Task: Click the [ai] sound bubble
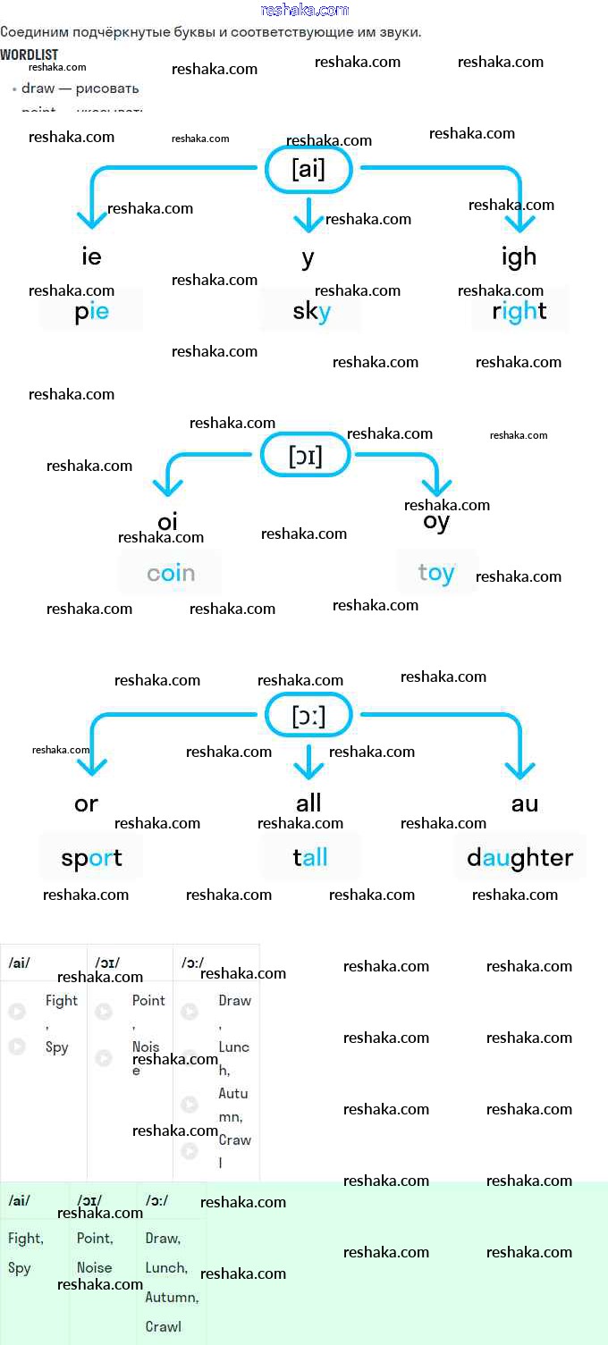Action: click(308, 169)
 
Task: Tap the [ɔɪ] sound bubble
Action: click(305, 456)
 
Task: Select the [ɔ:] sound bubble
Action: click(308, 716)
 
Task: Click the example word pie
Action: click(91, 311)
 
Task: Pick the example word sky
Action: click(311, 311)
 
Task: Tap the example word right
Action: click(519, 311)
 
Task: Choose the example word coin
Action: click(171, 573)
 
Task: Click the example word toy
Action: click(436, 572)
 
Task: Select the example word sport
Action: click(91, 858)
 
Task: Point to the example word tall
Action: click(310, 858)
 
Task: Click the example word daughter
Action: click(519, 858)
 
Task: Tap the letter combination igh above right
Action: click(519, 257)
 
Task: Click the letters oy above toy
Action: click(436, 522)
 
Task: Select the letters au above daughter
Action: click(525, 803)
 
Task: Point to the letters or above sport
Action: click(86, 803)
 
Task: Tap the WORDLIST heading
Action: click(30, 55)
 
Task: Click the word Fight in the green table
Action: click(26, 1239)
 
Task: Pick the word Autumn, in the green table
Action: click(172, 1297)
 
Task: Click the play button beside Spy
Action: click(17, 1046)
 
